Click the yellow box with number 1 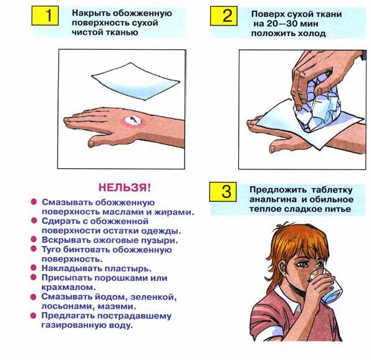(x=45, y=16)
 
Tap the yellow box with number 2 (x=224, y=16)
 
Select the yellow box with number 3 (x=223, y=192)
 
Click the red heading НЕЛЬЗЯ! (x=125, y=187)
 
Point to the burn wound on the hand (x=133, y=121)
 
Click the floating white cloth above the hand (x=135, y=81)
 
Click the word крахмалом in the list (x=69, y=287)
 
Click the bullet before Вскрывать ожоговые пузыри (x=34, y=239)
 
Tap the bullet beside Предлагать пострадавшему (x=34, y=315)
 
